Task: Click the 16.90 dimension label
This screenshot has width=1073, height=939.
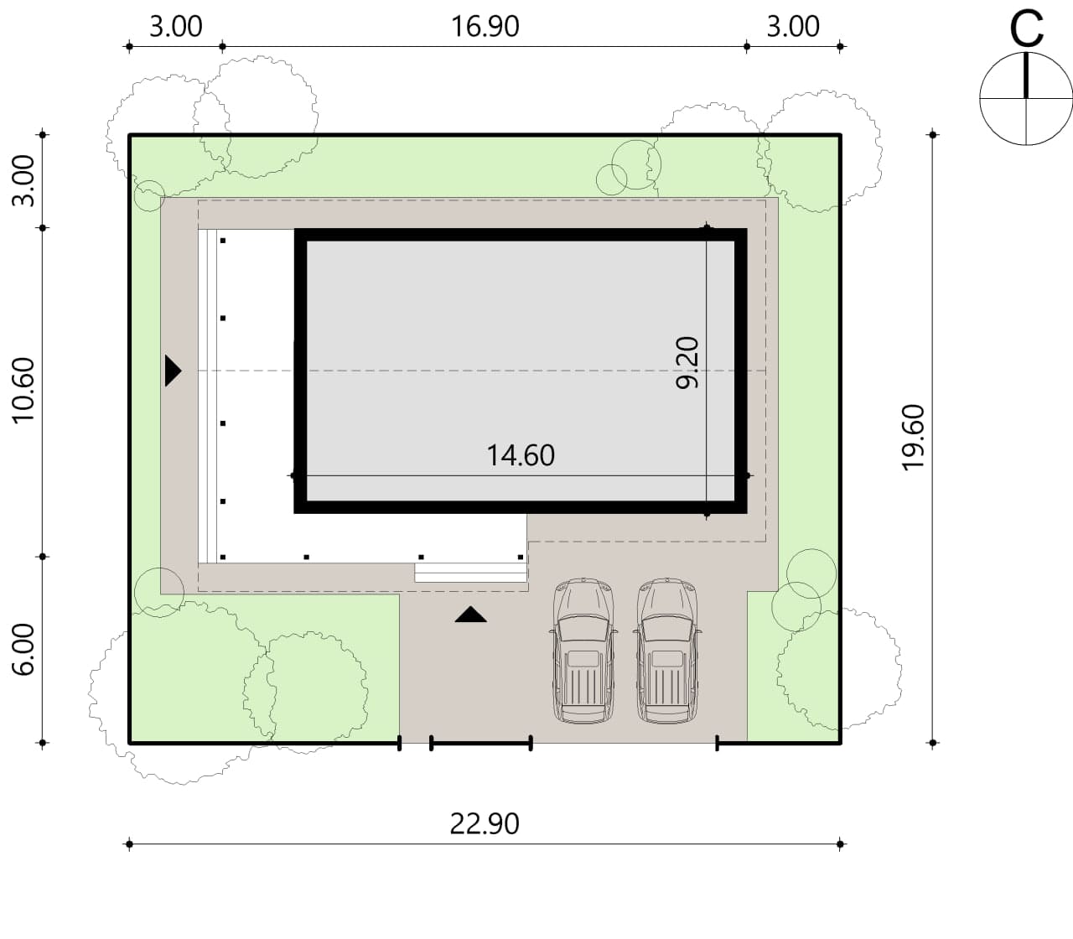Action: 485,26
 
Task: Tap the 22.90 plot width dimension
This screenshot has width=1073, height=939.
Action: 485,823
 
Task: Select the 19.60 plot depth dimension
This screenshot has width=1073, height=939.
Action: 913,438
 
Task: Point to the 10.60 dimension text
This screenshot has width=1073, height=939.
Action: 23,391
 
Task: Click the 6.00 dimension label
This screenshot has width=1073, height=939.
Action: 23,650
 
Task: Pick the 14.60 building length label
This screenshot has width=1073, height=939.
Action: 521,455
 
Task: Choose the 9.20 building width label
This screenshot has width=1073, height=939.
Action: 687,363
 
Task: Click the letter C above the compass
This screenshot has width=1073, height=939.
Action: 1026,29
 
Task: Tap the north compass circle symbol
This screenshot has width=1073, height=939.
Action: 1026,99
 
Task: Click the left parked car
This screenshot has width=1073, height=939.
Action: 583,651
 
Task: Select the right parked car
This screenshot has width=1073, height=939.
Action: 667,651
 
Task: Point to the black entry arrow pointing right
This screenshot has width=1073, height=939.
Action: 173,371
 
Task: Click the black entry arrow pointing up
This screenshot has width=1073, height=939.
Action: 470,615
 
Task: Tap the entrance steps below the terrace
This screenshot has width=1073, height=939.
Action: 470,573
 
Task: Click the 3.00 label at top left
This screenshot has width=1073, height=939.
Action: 176,26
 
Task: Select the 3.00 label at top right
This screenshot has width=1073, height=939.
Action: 793,26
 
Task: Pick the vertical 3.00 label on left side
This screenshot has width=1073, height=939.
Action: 23,180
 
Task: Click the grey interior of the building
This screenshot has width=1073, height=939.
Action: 521,371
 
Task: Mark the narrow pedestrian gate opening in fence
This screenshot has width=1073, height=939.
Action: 415,742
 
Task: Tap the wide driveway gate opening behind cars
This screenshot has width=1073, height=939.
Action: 624,742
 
